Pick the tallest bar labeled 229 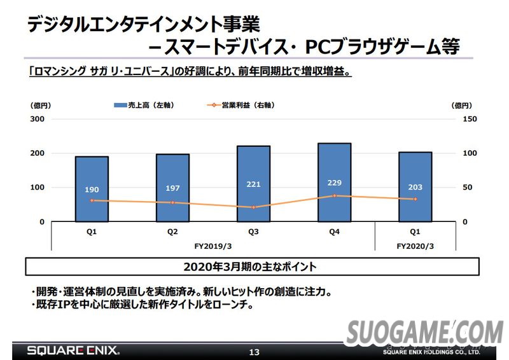click(334, 182)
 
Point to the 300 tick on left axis click(37, 119)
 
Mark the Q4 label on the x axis click(334, 232)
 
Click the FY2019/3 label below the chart click(213, 245)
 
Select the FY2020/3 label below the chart click(415, 245)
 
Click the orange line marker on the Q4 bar click(334, 196)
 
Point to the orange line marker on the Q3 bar click(253, 207)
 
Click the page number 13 click(254, 352)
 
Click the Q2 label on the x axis click(172, 232)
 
